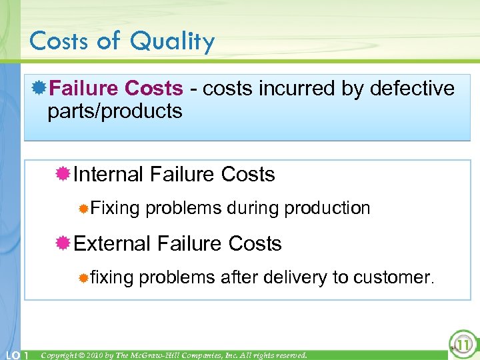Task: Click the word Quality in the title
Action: coord(172,42)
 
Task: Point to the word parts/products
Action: coord(115,111)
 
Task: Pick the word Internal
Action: coord(109,175)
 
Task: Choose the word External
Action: coord(112,243)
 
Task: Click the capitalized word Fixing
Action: coord(115,208)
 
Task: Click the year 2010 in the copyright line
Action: coord(109,355)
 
